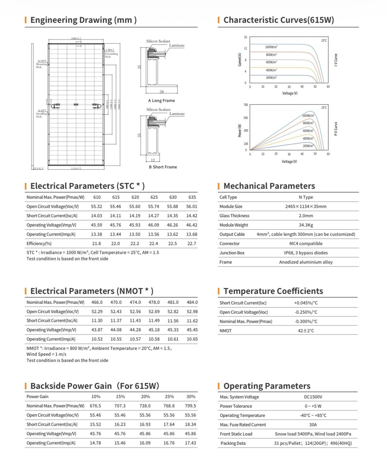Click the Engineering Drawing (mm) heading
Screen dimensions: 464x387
tap(83, 20)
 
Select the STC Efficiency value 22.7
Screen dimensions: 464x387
tap(192, 244)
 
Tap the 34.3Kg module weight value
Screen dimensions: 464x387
tap(306, 225)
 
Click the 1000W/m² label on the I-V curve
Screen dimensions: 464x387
tap(271, 47)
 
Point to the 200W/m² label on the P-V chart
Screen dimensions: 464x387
tap(308, 146)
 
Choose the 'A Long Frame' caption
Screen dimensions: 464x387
tap(161, 100)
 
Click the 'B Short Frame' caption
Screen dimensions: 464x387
tap(163, 167)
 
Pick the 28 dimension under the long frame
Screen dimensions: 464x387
tap(161, 92)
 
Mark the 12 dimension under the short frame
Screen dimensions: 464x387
tap(153, 160)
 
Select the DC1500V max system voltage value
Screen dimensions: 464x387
tap(313, 397)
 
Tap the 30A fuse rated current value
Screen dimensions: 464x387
tap(313, 425)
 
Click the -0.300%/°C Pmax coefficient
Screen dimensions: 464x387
tap(306, 321)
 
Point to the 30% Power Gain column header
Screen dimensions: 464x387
tap(191, 397)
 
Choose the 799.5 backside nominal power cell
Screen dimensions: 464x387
tap(191, 406)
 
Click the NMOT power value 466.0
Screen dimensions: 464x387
tap(97, 302)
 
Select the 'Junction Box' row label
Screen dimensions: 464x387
tap(232, 253)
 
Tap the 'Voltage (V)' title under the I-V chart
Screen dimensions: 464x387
tap(290, 93)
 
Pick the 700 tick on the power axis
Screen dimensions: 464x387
tap(246, 105)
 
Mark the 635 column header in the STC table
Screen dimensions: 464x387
tap(192, 197)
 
